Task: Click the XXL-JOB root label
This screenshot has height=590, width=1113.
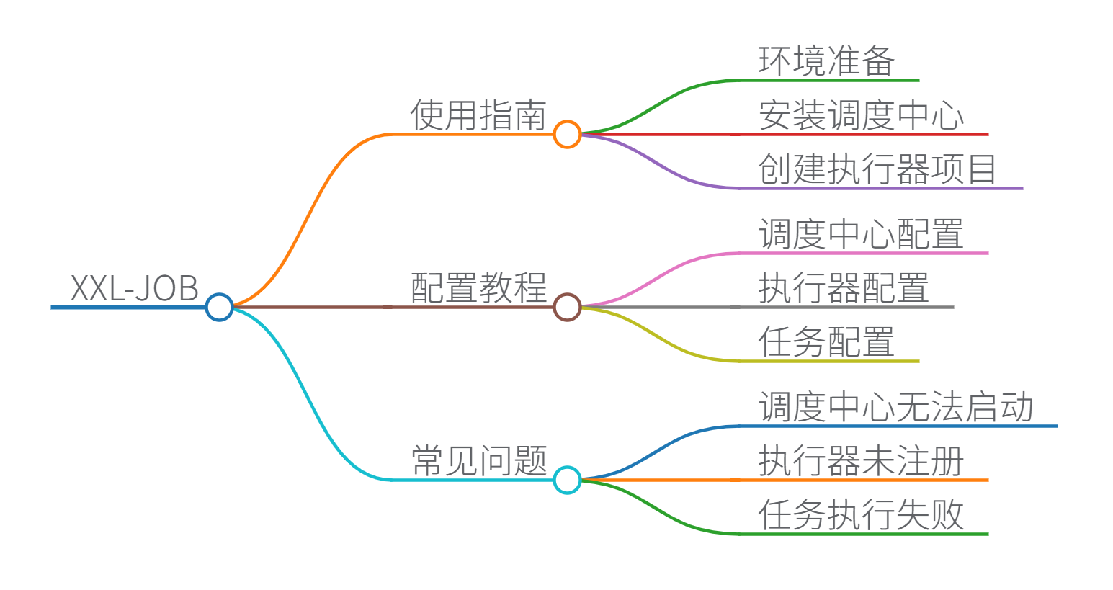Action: point(134,288)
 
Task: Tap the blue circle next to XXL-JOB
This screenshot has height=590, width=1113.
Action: point(219,307)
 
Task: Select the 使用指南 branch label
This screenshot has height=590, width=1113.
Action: point(478,115)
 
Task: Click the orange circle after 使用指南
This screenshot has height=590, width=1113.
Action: point(567,134)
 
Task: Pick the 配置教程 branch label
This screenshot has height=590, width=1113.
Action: point(478,288)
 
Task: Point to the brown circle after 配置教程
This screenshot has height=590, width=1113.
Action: point(567,307)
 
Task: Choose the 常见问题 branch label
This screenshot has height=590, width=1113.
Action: point(478,461)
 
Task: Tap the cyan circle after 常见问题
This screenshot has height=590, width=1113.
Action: point(567,480)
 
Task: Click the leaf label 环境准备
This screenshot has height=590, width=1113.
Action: point(826,61)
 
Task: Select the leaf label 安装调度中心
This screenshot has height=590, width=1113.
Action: point(861,115)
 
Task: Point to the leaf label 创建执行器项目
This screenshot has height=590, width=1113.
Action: point(877,169)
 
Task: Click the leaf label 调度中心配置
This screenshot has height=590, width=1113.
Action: point(861,234)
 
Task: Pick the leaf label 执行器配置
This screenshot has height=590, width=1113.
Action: point(844,288)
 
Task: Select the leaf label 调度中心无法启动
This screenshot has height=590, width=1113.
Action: point(895,407)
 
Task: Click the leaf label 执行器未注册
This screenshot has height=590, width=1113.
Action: point(861,461)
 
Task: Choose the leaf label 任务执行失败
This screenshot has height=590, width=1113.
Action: point(861,515)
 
